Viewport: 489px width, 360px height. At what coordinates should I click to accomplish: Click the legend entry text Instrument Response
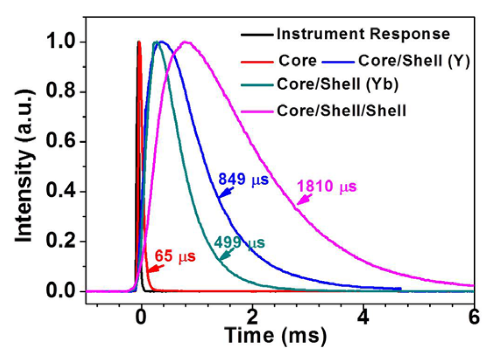[363, 34]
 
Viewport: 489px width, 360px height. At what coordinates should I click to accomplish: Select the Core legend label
[298, 60]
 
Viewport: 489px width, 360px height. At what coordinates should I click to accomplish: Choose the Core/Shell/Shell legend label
[341, 111]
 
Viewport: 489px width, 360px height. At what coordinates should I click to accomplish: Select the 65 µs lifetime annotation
[175, 256]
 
